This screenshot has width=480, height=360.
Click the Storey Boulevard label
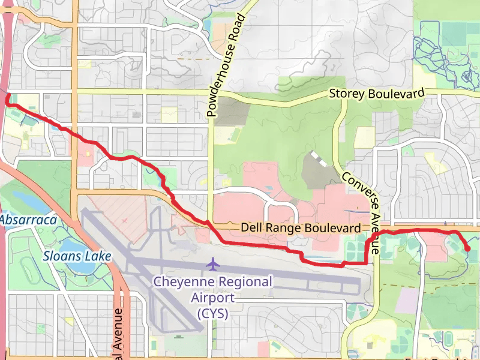377,94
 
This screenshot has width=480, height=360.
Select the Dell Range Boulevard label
301,228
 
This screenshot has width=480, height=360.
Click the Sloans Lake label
77,256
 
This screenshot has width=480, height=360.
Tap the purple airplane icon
212,263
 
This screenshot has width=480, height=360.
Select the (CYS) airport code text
212,313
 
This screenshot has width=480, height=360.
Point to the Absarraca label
28,220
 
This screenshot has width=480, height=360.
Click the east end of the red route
467,248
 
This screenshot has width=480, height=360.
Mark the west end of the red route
7,102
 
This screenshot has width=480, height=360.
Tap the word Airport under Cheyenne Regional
212,297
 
